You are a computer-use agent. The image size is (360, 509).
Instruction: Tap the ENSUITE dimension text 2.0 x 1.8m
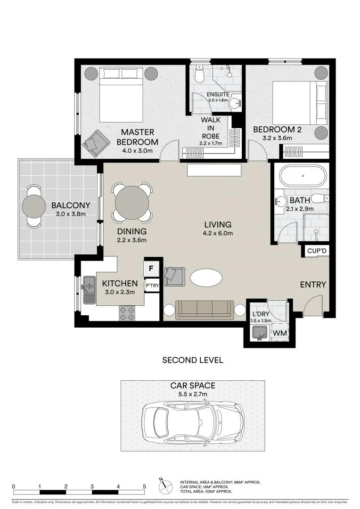tap(217, 100)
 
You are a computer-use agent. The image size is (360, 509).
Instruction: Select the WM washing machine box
tap(280, 333)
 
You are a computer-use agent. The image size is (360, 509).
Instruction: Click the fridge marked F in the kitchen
tap(151, 269)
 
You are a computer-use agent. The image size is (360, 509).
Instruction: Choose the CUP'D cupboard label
tap(316, 251)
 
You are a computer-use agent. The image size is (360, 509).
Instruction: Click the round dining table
tap(132, 202)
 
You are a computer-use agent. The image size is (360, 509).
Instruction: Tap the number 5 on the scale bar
tap(144, 486)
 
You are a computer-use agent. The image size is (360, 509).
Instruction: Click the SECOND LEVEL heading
tap(192, 361)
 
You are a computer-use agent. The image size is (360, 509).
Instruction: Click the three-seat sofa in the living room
tap(205, 309)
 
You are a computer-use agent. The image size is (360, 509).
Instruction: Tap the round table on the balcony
tap(36, 205)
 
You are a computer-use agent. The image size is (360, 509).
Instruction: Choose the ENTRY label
tap(313, 284)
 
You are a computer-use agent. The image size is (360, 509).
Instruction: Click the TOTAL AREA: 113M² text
tap(206, 491)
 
